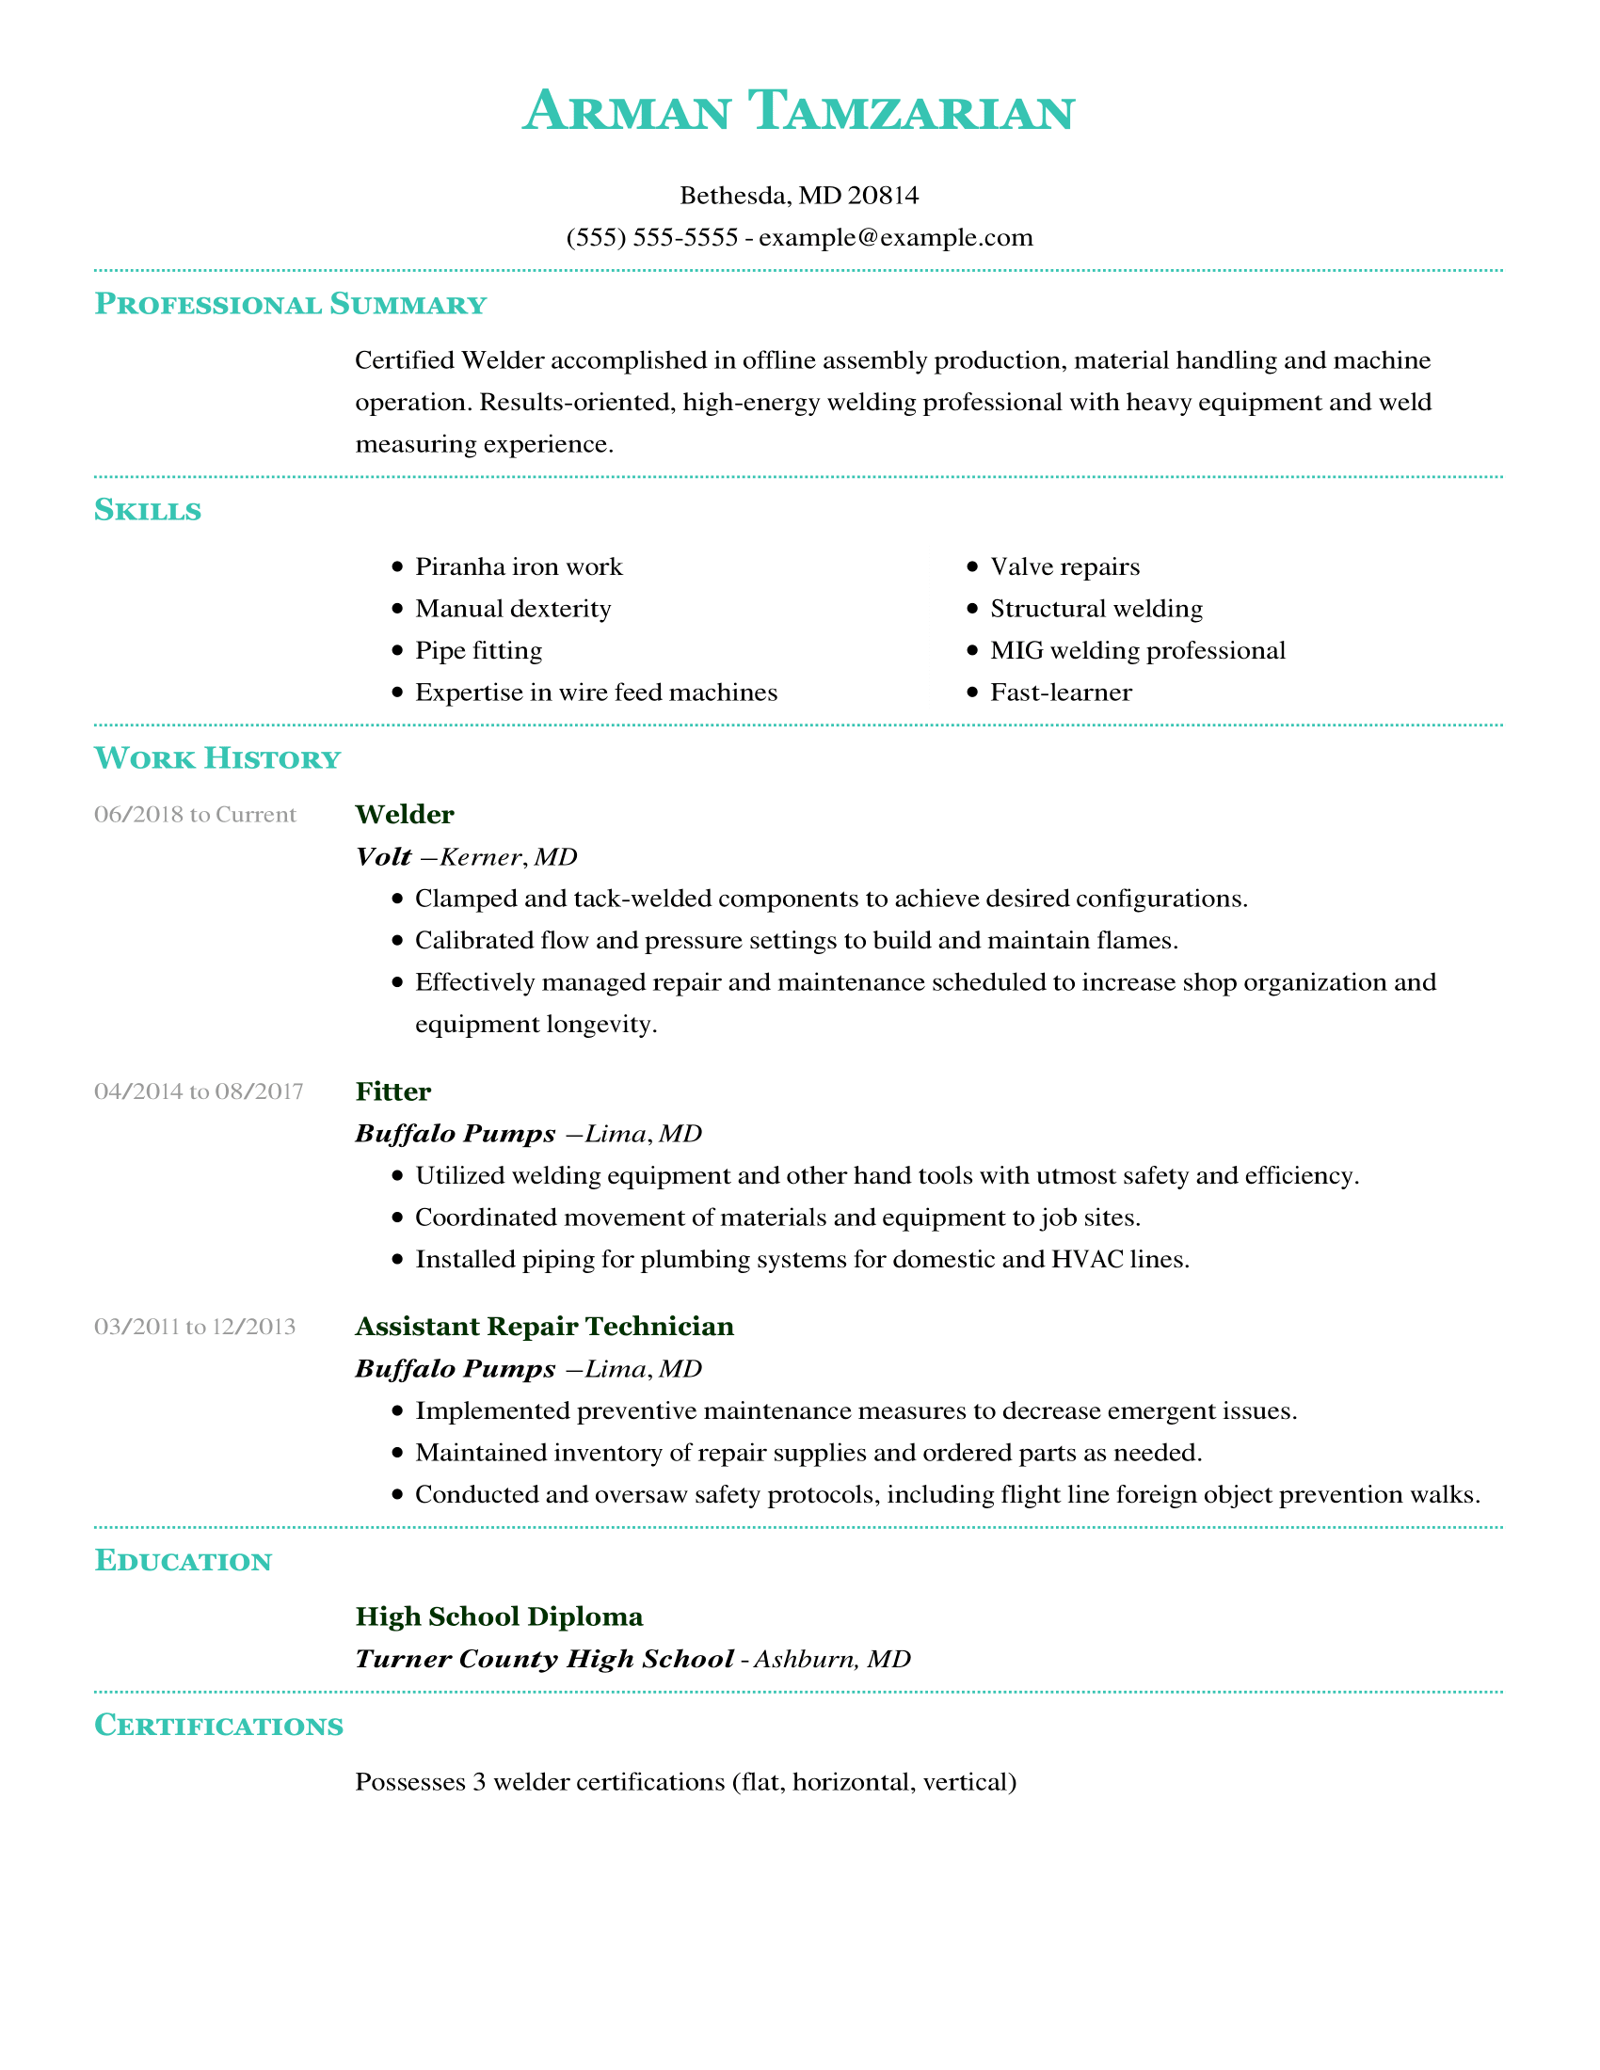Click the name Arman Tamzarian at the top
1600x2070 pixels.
(x=798, y=112)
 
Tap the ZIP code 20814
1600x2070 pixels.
(x=883, y=196)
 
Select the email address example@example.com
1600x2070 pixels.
(x=895, y=237)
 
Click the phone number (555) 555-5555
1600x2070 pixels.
(x=651, y=237)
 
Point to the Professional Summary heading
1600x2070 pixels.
(x=290, y=304)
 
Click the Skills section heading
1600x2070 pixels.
(x=148, y=511)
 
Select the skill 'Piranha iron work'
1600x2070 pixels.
(x=519, y=566)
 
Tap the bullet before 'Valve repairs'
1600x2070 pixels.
(x=971, y=566)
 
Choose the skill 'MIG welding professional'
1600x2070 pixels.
(x=1138, y=650)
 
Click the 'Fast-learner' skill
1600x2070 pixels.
(x=1061, y=693)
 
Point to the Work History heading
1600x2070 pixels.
(x=217, y=759)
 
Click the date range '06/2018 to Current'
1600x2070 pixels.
(x=195, y=815)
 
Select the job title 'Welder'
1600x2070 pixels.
(x=405, y=815)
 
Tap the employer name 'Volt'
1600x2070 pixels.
(x=383, y=857)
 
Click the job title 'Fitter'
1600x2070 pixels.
(x=393, y=1091)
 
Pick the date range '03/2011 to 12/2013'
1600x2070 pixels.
(x=195, y=1327)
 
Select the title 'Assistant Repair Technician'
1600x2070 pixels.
(x=544, y=1327)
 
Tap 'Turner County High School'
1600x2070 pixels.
(x=544, y=1659)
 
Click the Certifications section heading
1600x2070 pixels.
(x=219, y=1726)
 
